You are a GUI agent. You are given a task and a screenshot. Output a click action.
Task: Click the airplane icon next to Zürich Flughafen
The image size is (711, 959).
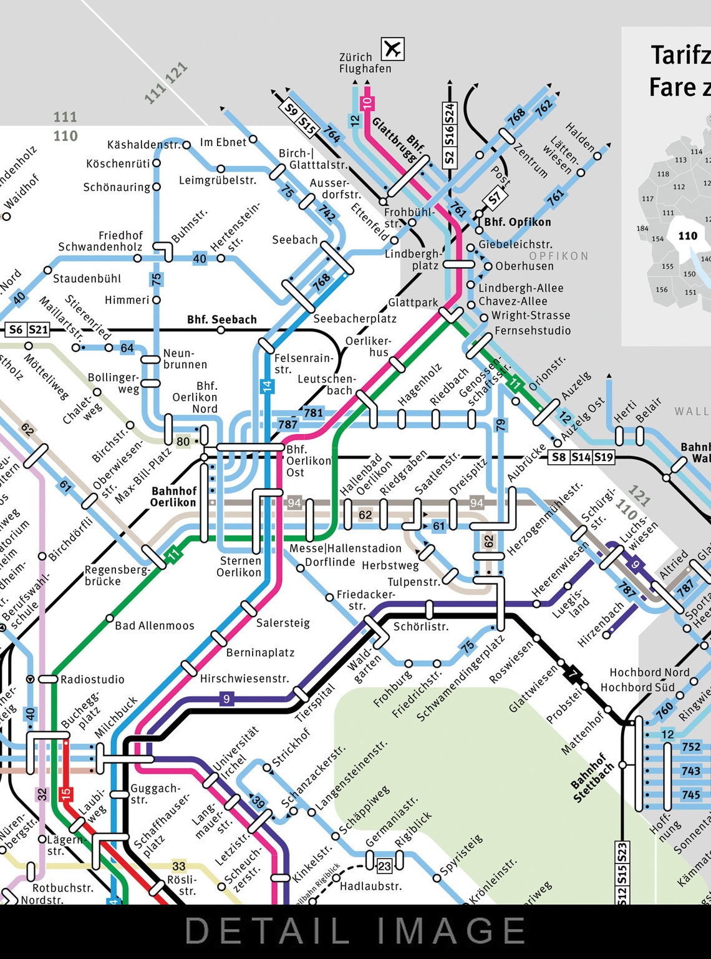pyautogui.click(x=392, y=49)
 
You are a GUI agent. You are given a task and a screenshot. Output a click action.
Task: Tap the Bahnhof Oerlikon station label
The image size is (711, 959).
pyautogui.click(x=173, y=497)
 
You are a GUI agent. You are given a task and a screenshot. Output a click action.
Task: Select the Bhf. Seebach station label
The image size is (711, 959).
pyautogui.click(x=221, y=319)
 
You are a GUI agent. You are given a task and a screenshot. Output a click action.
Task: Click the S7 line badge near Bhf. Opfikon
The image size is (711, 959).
pyautogui.click(x=495, y=198)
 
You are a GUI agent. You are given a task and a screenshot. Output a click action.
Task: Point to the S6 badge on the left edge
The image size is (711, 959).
pyautogui.click(x=16, y=329)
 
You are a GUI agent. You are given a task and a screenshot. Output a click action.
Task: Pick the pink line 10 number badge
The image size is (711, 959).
pyautogui.click(x=367, y=102)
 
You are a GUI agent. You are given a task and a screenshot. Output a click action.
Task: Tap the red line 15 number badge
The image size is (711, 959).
pyautogui.click(x=65, y=794)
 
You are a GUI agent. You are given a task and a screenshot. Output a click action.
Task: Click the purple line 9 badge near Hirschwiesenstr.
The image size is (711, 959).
pyautogui.click(x=226, y=699)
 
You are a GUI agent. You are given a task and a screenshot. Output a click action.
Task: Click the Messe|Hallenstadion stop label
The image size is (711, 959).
pyautogui.click(x=346, y=548)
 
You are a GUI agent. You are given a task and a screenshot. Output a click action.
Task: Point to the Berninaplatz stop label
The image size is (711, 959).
pyautogui.click(x=260, y=653)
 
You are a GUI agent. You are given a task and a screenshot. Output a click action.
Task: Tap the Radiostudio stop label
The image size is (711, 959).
pyautogui.click(x=92, y=679)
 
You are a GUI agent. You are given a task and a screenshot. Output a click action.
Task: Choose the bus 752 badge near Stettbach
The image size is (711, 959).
pyautogui.click(x=690, y=747)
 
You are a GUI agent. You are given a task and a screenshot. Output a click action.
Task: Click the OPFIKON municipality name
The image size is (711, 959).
pyautogui.click(x=558, y=256)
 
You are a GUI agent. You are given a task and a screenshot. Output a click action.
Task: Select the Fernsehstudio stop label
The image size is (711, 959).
pyautogui.click(x=532, y=331)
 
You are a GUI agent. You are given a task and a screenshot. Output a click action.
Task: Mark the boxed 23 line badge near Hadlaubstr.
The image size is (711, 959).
pyautogui.click(x=384, y=865)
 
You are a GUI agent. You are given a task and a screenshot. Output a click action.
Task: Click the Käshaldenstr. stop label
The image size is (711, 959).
pyautogui.click(x=143, y=145)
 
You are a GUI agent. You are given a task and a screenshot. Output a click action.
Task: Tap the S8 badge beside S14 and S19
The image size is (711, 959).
pyautogui.click(x=559, y=457)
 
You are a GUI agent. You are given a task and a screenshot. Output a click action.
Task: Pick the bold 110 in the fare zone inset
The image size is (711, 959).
pyautogui.click(x=687, y=236)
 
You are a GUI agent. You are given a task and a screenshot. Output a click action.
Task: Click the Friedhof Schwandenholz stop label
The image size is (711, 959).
pyautogui.click(x=100, y=241)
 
